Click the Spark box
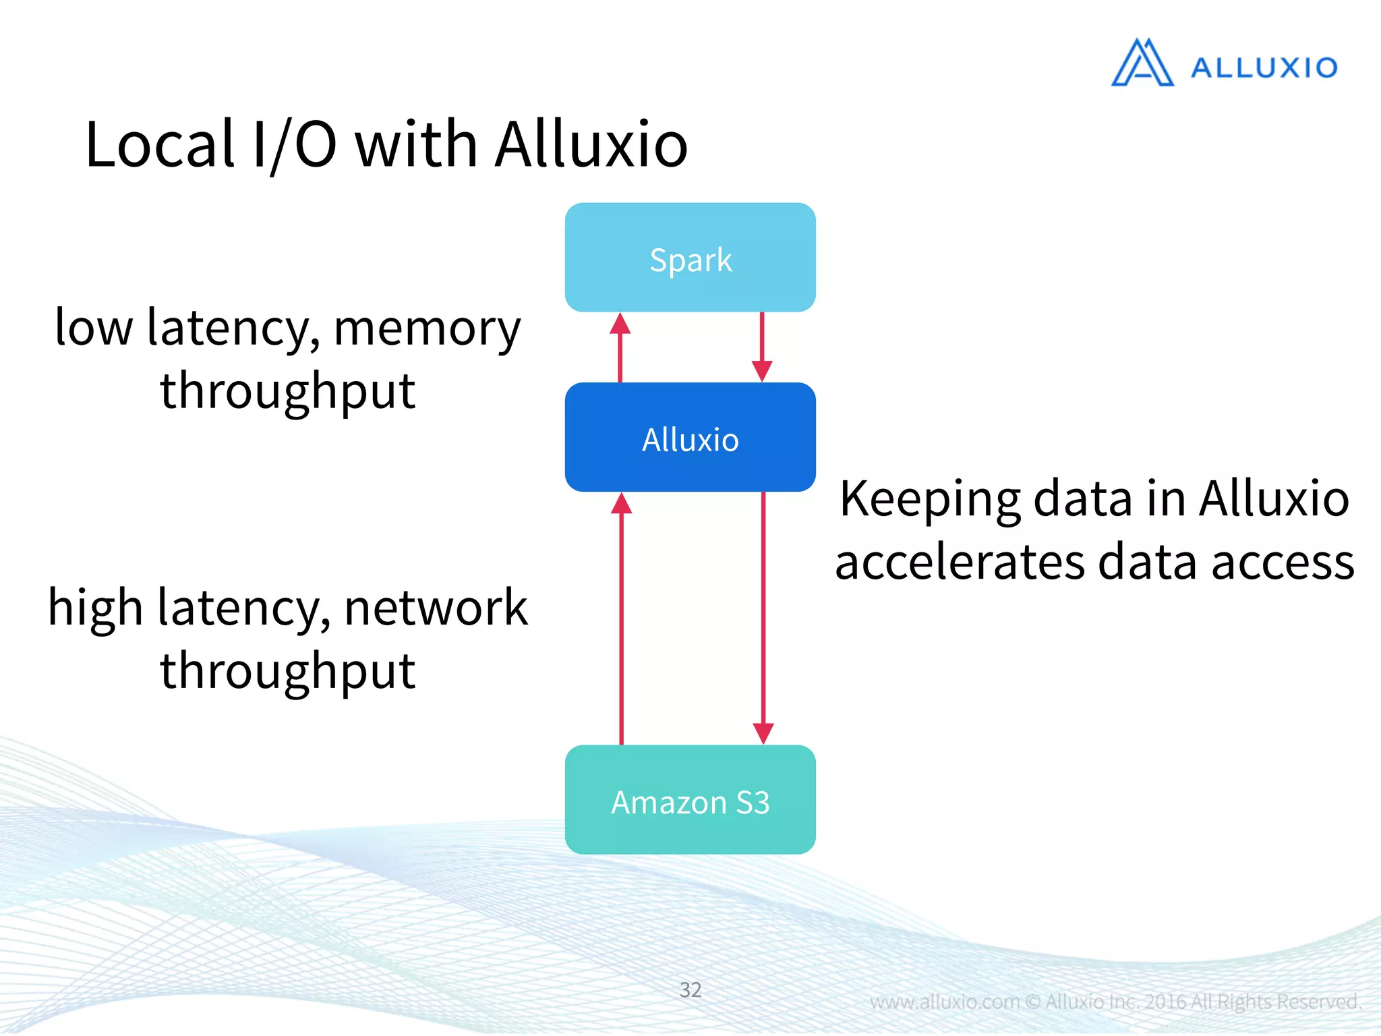pyautogui.click(x=690, y=258)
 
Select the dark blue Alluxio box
pyautogui.click(x=690, y=438)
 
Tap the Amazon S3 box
pyautogui.click(x=690, y=800)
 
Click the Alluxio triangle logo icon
pyautogui.click(x=1142, y=63)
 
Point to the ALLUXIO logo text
pyautogui.click(x=1264, y=67)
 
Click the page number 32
pyautogui.click(x=690, y=989)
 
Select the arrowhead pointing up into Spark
pyautogui.click(x=620, y=324)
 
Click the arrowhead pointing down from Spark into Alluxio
pyautogui.click(x=762, y=370)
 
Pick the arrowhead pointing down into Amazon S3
pyautogui.click(x=763, y=733)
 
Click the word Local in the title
pyautogui.click(x=160, y=144)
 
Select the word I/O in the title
pyautogui.click(x=294, y=144)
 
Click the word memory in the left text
pyautogui.click(x=428, y=329)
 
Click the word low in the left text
pyautogui.click(x=94, y=328)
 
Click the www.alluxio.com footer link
pyautogui.click(x=944, y=1002)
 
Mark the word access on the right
pyautogui.click(x=1283, y=563)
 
